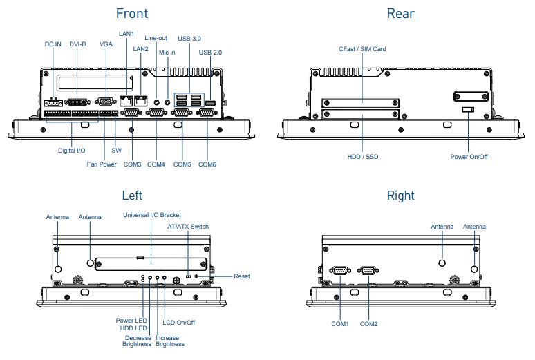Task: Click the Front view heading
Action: tap(131, 13)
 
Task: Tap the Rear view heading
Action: tap(400, 13)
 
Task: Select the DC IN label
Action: tap(53, 44)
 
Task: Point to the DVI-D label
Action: tap(78, 44)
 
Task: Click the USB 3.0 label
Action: tap(189, 39)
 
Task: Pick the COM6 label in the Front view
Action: tap(207, 164)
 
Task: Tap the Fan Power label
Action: tap(102, 164)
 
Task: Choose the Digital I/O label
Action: tap(71, 150)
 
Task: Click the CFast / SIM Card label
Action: tap(362, 49)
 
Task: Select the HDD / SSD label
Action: tap(362, 157)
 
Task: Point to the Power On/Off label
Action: tap(469, 157)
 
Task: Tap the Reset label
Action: tap(242, 276)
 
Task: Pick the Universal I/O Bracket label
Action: tap(152, 215)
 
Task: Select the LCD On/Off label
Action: tap(178, 322)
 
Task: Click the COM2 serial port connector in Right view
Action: tap(368, 271)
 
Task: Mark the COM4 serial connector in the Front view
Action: tap(156, 114)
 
